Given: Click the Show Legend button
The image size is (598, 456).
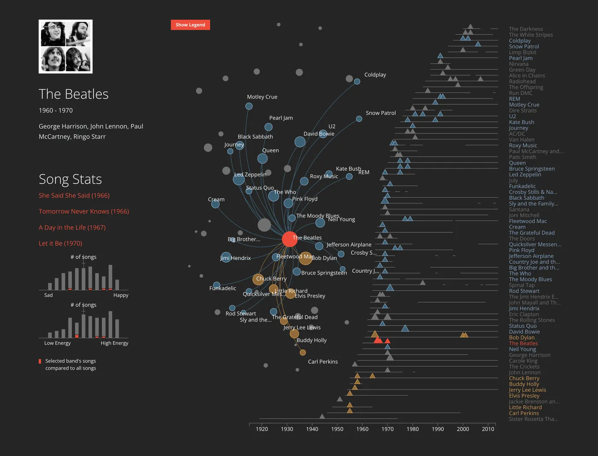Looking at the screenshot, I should pyautogui.click(x=190, y=25).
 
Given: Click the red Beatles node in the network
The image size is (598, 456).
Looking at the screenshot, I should pyautogui.click(x=290, y=240).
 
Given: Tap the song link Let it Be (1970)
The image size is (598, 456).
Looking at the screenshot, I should pyautogui.click(x=60, y=243).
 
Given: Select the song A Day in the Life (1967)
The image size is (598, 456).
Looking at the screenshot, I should pyautogui.click(x=72, y=228).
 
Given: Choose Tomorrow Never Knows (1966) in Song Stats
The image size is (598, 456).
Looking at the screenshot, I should pyautogui.click(x=84, y=211).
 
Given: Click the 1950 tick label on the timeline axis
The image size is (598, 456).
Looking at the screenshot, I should pyautogui.click(x=337, y=429).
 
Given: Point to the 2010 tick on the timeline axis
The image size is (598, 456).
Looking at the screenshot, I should pyautogui.click(x=488, y=429).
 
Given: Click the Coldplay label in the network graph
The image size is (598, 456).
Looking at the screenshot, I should pyautogui.click(x=375, y=75).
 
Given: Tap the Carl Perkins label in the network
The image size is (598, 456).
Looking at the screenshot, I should pyautogui.click(x=322, y=362).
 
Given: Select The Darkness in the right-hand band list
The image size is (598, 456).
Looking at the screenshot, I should pyautogui.click(x=526, y=29).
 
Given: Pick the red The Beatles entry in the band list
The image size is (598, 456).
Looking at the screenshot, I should pyautogui.click(x=523, y=343).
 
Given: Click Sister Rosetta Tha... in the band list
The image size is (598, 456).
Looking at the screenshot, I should pyautogui.click(x=533, y=419).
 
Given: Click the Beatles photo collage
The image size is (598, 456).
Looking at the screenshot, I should pyautogui.click(x=66, y=47).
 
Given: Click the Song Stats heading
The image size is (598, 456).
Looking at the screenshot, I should pyautogui.click(x=70, y=179).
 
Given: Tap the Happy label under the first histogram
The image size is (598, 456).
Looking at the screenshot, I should pyautogui.click(x=120, y=295).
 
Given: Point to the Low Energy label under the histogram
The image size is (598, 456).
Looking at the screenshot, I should pyautogui.click(x=57, y=343).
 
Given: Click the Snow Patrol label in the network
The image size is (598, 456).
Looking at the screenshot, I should pyautogui.click(x=381, y=113).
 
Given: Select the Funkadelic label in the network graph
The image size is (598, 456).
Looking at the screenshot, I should pyautogui.click(x=223, y=288).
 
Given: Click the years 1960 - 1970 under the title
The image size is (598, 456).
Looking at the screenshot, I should pyautogui.click(x=56, y=111).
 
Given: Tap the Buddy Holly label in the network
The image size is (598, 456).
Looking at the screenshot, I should pyautogui.click(x=311, y=340).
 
